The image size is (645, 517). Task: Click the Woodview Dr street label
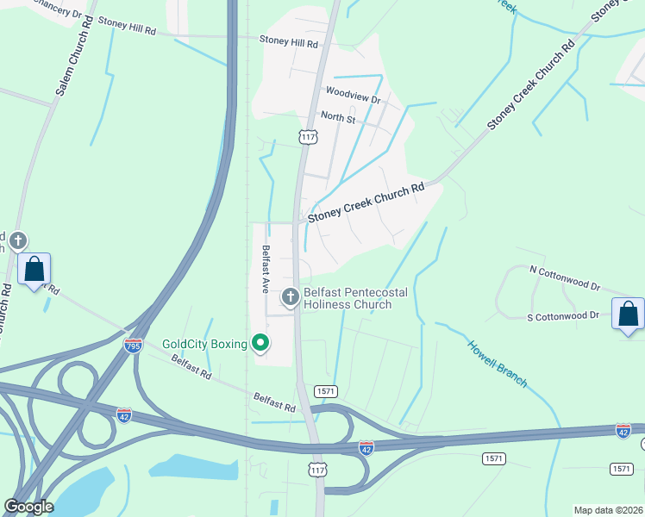353,95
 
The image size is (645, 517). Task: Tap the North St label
338,116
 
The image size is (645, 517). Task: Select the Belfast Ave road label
266,270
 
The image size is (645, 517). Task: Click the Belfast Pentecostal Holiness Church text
355,298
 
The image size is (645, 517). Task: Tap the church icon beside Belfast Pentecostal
291,297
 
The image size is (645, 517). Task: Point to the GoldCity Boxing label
205,344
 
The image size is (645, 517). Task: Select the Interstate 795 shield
133,346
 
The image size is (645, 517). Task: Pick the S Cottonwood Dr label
562,316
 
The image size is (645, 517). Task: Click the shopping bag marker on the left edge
34,269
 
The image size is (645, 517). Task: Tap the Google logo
28,506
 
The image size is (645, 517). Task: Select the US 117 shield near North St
308,137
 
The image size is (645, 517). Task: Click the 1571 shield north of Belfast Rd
325,390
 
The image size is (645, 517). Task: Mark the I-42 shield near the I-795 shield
124,415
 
